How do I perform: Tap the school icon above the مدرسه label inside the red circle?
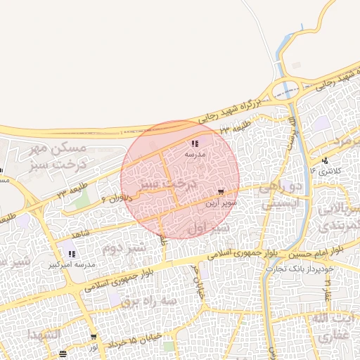coord(194,143)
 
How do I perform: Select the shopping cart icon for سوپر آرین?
coord(221,191)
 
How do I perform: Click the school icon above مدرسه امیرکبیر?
coord(71,253)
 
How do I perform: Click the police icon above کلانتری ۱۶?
coord(325,160)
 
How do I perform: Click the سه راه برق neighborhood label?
coord(127,301)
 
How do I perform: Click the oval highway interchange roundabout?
coord(285,90)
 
